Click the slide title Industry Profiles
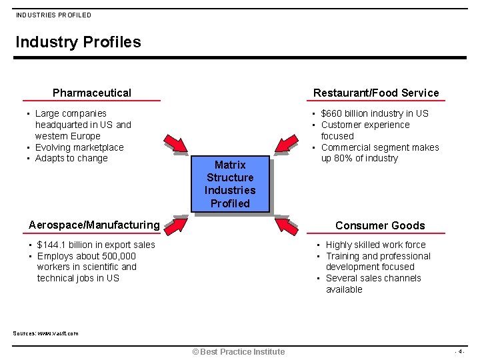tap(78, 42)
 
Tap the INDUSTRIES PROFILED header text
tap(53, 15)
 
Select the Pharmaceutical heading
tap(92, 93)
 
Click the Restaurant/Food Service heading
tap(376, 93)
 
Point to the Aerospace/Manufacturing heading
tap(94, 225)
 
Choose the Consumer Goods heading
tap(379, 225)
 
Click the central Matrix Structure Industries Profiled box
tap(230, 184)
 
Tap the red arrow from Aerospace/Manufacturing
tap(176, 225)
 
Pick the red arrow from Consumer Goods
tap(285, 225)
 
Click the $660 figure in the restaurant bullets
tap(331, 113)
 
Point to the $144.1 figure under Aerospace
tap(53, 245)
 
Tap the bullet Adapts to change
tap(71, 158)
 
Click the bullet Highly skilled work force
tap(375, 245)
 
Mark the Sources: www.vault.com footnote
tap(46, 333)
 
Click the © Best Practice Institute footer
tap(238, 351)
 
